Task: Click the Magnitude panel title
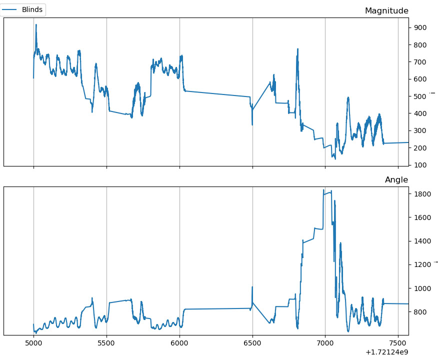pyautogui.click(x=386, y=11)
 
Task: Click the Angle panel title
pyautogui.click(x=396, y=180)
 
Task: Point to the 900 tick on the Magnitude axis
pyautogui.click(x=419, y=27)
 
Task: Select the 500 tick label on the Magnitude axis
pyautogui.click(x=419, y=96)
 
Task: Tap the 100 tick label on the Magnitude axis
pyautogui.click(x=419, y=165)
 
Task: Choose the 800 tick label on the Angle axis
pyautogui.click(x=419, y=312)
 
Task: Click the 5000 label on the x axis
pyautogui.click(x=33, y=344)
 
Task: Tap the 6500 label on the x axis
pyautogui.click(x=252, y=344)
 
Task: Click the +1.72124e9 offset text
pyautogui.click(x=386, y=352)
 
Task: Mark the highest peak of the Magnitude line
pyautogui.click(x=36, y=24)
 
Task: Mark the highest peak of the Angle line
pyautogui.click(x=324, y=190)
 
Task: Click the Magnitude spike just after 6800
pyautogui.click(x=297, y=49)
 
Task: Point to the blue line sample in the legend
pyautogui.click(x=10, y=9)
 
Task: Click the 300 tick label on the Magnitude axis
pyautogui.click(x=419, y=130)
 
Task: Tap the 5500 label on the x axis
pyautogui.click(x=106, y=344)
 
